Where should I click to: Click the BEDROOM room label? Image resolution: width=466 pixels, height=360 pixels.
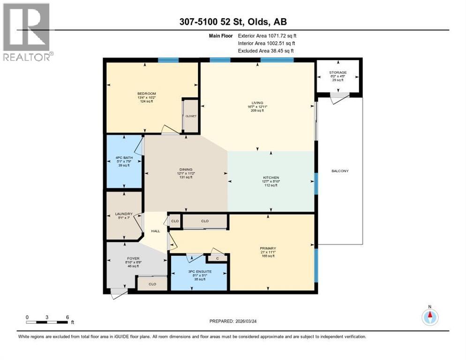click(x=146, y=94)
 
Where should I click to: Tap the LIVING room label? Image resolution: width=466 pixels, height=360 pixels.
click(x=257, y=103)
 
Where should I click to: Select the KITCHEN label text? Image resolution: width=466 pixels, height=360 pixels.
click(x=271, y=178)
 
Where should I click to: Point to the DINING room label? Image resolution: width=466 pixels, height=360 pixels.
click(x=185, y=170)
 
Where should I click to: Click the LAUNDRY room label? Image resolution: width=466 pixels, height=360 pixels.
click(x=124, y=214)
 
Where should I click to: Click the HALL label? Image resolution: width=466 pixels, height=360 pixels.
click(x=156, y=231)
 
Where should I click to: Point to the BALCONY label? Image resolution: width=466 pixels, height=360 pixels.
click(x=339, y=171)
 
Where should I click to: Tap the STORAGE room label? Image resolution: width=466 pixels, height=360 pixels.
click(x=338, y=73)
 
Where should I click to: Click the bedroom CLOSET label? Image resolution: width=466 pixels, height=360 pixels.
click(x=191, y=116)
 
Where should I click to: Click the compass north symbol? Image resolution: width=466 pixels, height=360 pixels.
click(x=429, y=316)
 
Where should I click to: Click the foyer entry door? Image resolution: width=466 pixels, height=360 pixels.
click(x=119, y=293)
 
